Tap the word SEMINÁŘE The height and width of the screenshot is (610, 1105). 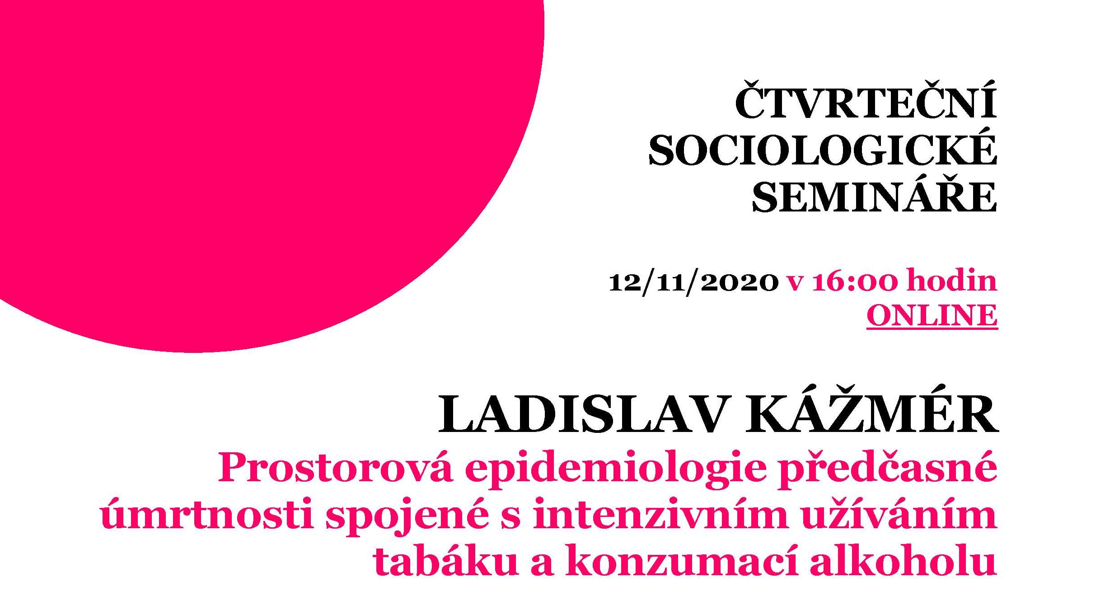(x=875, y=193)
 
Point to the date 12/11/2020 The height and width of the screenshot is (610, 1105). (x=693, y=282)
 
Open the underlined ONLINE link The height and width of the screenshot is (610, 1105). (x=932, y=315)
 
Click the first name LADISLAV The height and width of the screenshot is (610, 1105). (x=582, y=415)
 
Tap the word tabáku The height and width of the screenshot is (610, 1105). (x=445, y=561)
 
